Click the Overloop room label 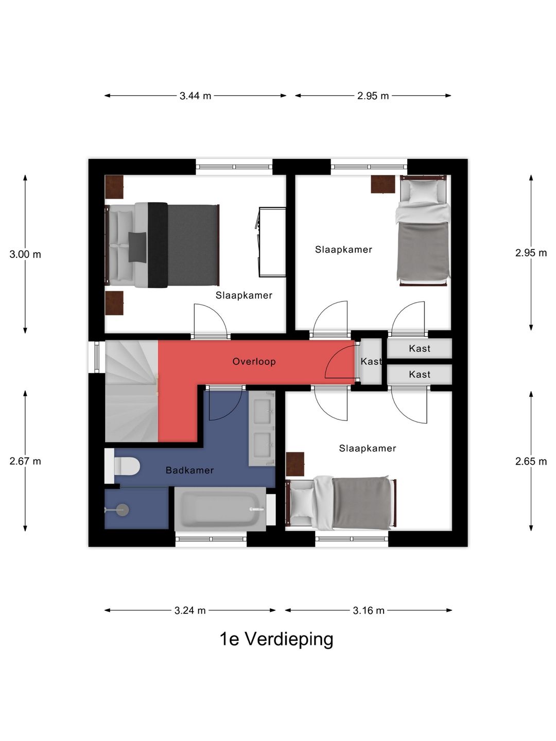[x=254, y=362]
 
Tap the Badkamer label [x=189, y=470]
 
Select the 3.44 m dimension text [x=195, y=96]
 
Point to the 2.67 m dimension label [x=25, y=461]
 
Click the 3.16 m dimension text [x=368, y=610]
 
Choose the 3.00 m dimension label [x=25, y=254]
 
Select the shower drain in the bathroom [x=121, y=510]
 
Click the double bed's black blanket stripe [x=158, y=245]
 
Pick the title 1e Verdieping [x=276, y=640]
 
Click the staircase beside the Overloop [x=131, y=391]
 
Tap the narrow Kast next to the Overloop [x=371, y=361]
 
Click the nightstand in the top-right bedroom [x=383, y=184]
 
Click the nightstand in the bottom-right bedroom [x=295, y=464]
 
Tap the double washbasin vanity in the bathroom [x=262, y=429]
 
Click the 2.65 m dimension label [x=531, y=461]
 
